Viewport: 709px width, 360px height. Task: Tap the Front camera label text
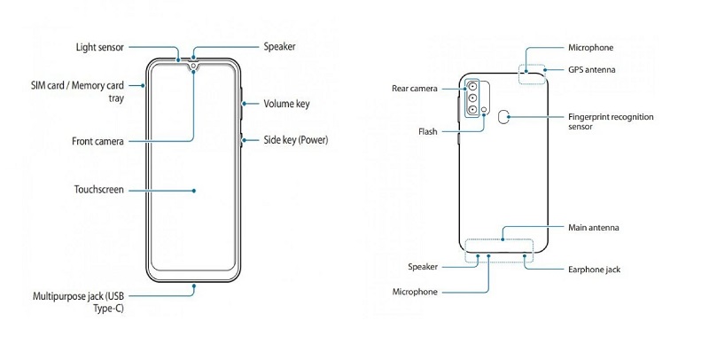click(97, 141)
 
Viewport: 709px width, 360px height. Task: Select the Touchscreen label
click(99, 190)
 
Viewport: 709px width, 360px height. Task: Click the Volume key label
click(286, 104)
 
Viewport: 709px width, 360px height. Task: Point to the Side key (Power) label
click(296, 140)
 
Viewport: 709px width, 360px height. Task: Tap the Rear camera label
click(417, 88)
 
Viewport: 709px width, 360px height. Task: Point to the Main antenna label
click(595, 228)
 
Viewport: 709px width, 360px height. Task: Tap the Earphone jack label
click(595, 269)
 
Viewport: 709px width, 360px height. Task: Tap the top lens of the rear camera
click(473, 87)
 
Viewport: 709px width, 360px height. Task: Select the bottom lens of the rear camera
click(473, 110)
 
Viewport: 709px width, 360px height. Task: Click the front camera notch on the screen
click(192, 65)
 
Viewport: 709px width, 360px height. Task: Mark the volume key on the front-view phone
click(240, 104)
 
